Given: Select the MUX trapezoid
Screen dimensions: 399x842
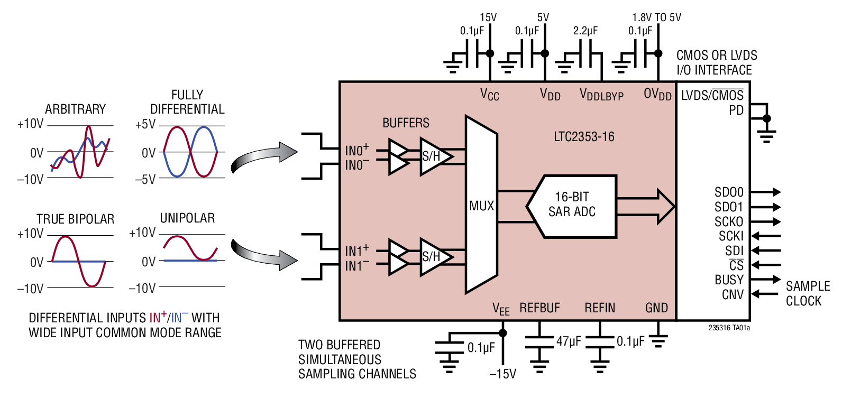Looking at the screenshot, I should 481,205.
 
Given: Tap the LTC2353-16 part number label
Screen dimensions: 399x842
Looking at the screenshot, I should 584,137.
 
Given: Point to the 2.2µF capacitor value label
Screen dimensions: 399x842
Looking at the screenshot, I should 585,31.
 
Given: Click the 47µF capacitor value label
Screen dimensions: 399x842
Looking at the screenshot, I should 569,341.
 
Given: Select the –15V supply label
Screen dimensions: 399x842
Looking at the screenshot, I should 502,374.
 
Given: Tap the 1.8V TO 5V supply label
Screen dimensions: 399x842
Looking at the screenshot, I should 656,17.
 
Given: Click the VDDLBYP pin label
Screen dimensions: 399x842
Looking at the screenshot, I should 601,95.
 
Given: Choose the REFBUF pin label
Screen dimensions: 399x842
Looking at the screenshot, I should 539,308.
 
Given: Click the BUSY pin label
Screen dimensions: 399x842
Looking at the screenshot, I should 729,280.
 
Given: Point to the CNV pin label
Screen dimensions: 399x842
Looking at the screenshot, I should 733,294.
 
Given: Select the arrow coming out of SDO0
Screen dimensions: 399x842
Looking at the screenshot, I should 765,192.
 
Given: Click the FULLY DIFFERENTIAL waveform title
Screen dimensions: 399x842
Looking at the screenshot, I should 187,102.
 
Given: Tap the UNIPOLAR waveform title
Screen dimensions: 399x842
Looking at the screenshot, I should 187,218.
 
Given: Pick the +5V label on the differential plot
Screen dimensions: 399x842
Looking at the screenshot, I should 145,125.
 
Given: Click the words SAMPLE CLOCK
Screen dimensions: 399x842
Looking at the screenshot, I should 808,293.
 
